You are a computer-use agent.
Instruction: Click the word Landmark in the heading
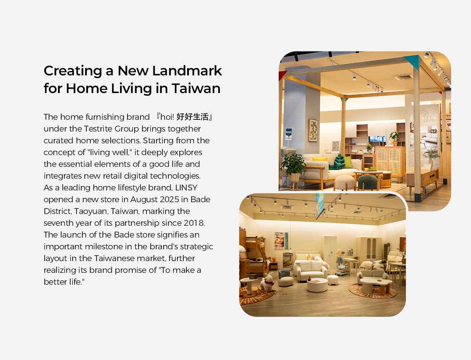pyautogui.click(x=187, y=71)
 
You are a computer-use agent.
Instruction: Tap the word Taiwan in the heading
pyautogui.click(x=196, y=88)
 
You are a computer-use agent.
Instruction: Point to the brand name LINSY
pyautogui.click(x=186, y=188)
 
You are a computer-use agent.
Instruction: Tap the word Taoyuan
pyautogui.click(x=91, y=212)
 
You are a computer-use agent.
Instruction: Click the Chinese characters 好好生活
pyautogui.click(x=192, y=117)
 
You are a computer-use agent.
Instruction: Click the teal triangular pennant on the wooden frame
pyautogui.click(x=413, y=62)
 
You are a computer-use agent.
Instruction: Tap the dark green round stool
pyautogui.click(x=367, y=182)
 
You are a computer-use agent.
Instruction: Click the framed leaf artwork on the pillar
pyautogui.click(x=313, y=130)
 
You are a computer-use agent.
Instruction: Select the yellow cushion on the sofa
pyautogui.click(x=319, y=159)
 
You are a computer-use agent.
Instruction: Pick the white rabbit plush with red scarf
pyautogui.click(x=267, y=282)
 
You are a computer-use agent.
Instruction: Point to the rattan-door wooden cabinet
pyautogui.click(x=390, y=162)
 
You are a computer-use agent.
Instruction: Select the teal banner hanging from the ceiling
pyautogui.click(x=320, y=204)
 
